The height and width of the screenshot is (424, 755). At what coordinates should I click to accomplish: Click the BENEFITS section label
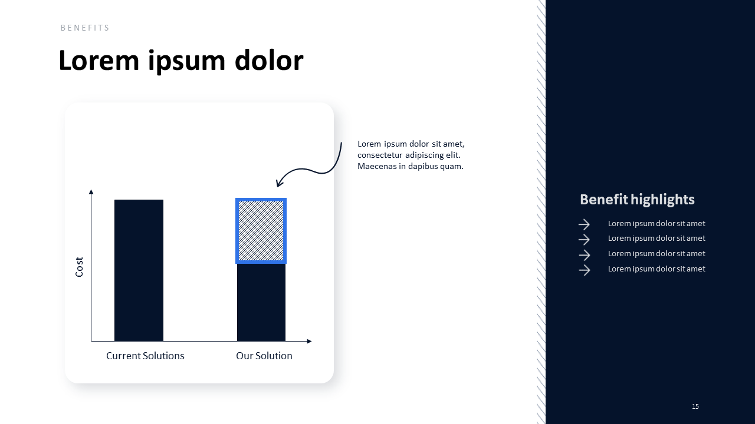pos(85,28)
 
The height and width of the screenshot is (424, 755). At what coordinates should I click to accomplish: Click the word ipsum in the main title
pos(186,61)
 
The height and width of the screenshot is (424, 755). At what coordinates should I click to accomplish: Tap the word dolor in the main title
pos(269,60)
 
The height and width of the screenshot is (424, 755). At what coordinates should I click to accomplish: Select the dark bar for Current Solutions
pos(139,270)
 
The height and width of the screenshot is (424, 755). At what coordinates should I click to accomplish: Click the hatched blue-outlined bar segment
pos(261,231)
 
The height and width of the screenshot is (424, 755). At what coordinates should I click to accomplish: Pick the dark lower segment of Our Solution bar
pos(261,303)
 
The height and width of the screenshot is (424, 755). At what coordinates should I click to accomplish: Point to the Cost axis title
pos(79,267)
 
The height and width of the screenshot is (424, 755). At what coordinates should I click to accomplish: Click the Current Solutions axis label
pos(145,356)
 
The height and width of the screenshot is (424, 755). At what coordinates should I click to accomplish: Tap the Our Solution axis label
pos(264,356)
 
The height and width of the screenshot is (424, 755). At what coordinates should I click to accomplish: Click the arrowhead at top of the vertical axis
pos(91,192)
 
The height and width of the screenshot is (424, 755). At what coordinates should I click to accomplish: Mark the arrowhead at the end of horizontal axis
pos(309,341)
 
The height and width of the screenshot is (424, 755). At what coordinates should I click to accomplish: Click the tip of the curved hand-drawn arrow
pos(277,186)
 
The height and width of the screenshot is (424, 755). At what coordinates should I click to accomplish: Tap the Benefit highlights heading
pos(637,200)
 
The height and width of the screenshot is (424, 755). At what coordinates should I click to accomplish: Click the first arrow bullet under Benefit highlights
pos(584,224)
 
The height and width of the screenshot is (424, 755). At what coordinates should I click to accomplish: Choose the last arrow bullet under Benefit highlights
pos(584,270)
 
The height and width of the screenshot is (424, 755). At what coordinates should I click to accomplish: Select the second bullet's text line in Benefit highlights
pos(656,238)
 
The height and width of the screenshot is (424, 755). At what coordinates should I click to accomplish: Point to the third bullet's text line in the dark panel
pos(656,254)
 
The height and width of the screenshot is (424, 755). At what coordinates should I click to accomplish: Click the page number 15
pos(695,406)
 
